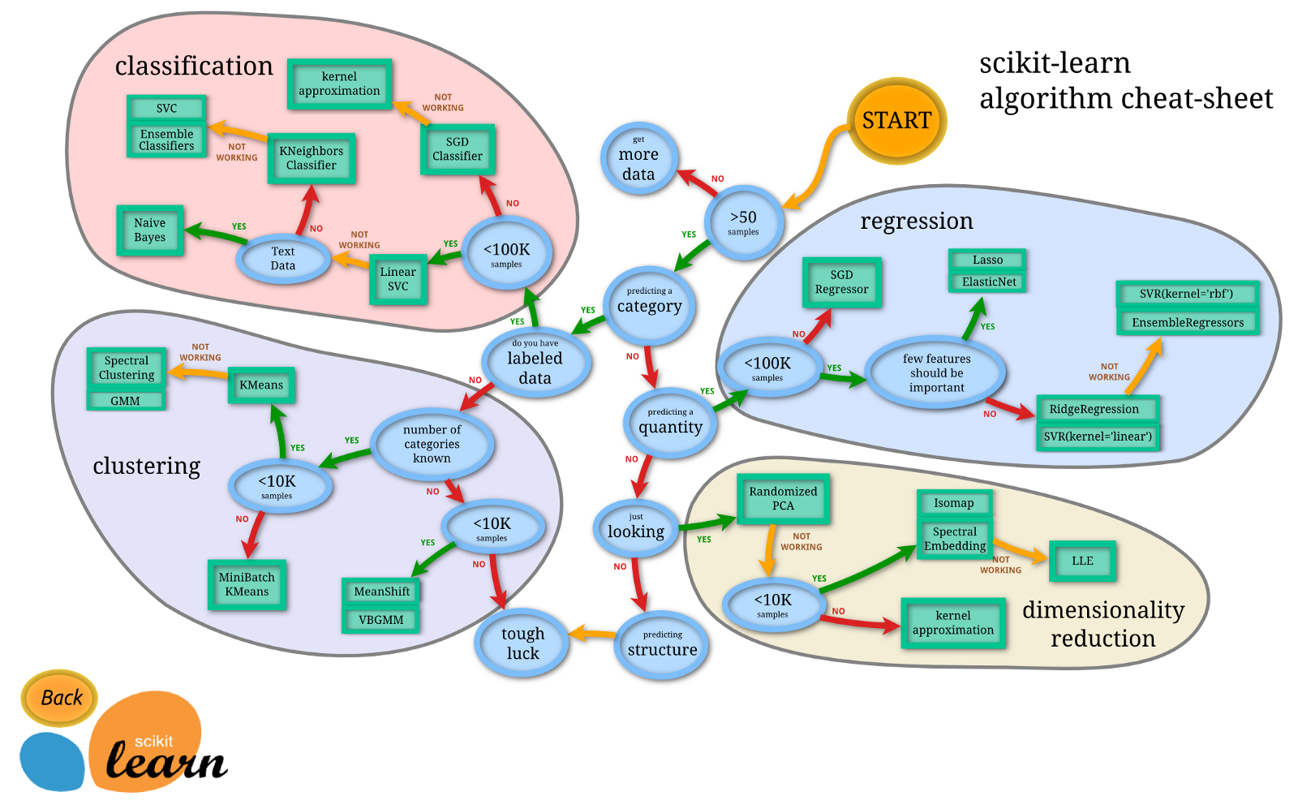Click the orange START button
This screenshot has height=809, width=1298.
[896, 121]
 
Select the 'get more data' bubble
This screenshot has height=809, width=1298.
[638, 160]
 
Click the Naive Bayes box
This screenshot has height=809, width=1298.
[149, 230]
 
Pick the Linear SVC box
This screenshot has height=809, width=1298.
[398, 279]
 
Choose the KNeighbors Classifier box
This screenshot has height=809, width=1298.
[311, 158]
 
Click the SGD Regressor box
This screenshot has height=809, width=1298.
[841, 282]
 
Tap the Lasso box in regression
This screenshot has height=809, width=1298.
[987, 260]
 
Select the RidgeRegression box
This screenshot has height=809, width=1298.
[1094, 409]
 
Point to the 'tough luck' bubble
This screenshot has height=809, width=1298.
[522, 643]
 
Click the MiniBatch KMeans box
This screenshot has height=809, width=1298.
[247, 584]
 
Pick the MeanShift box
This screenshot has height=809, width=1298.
[381, 592]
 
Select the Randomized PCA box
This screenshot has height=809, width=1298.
[783, 498]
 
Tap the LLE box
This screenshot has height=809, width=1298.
[1082, 561]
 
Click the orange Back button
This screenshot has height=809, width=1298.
[60, 698]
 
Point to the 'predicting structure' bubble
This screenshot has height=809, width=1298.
[662, 645]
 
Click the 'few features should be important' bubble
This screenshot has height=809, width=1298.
[936, 373]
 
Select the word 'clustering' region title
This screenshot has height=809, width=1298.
[146, 466]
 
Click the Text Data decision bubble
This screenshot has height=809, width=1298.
[283, 259]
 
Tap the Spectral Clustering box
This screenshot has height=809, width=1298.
[127, 368]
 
